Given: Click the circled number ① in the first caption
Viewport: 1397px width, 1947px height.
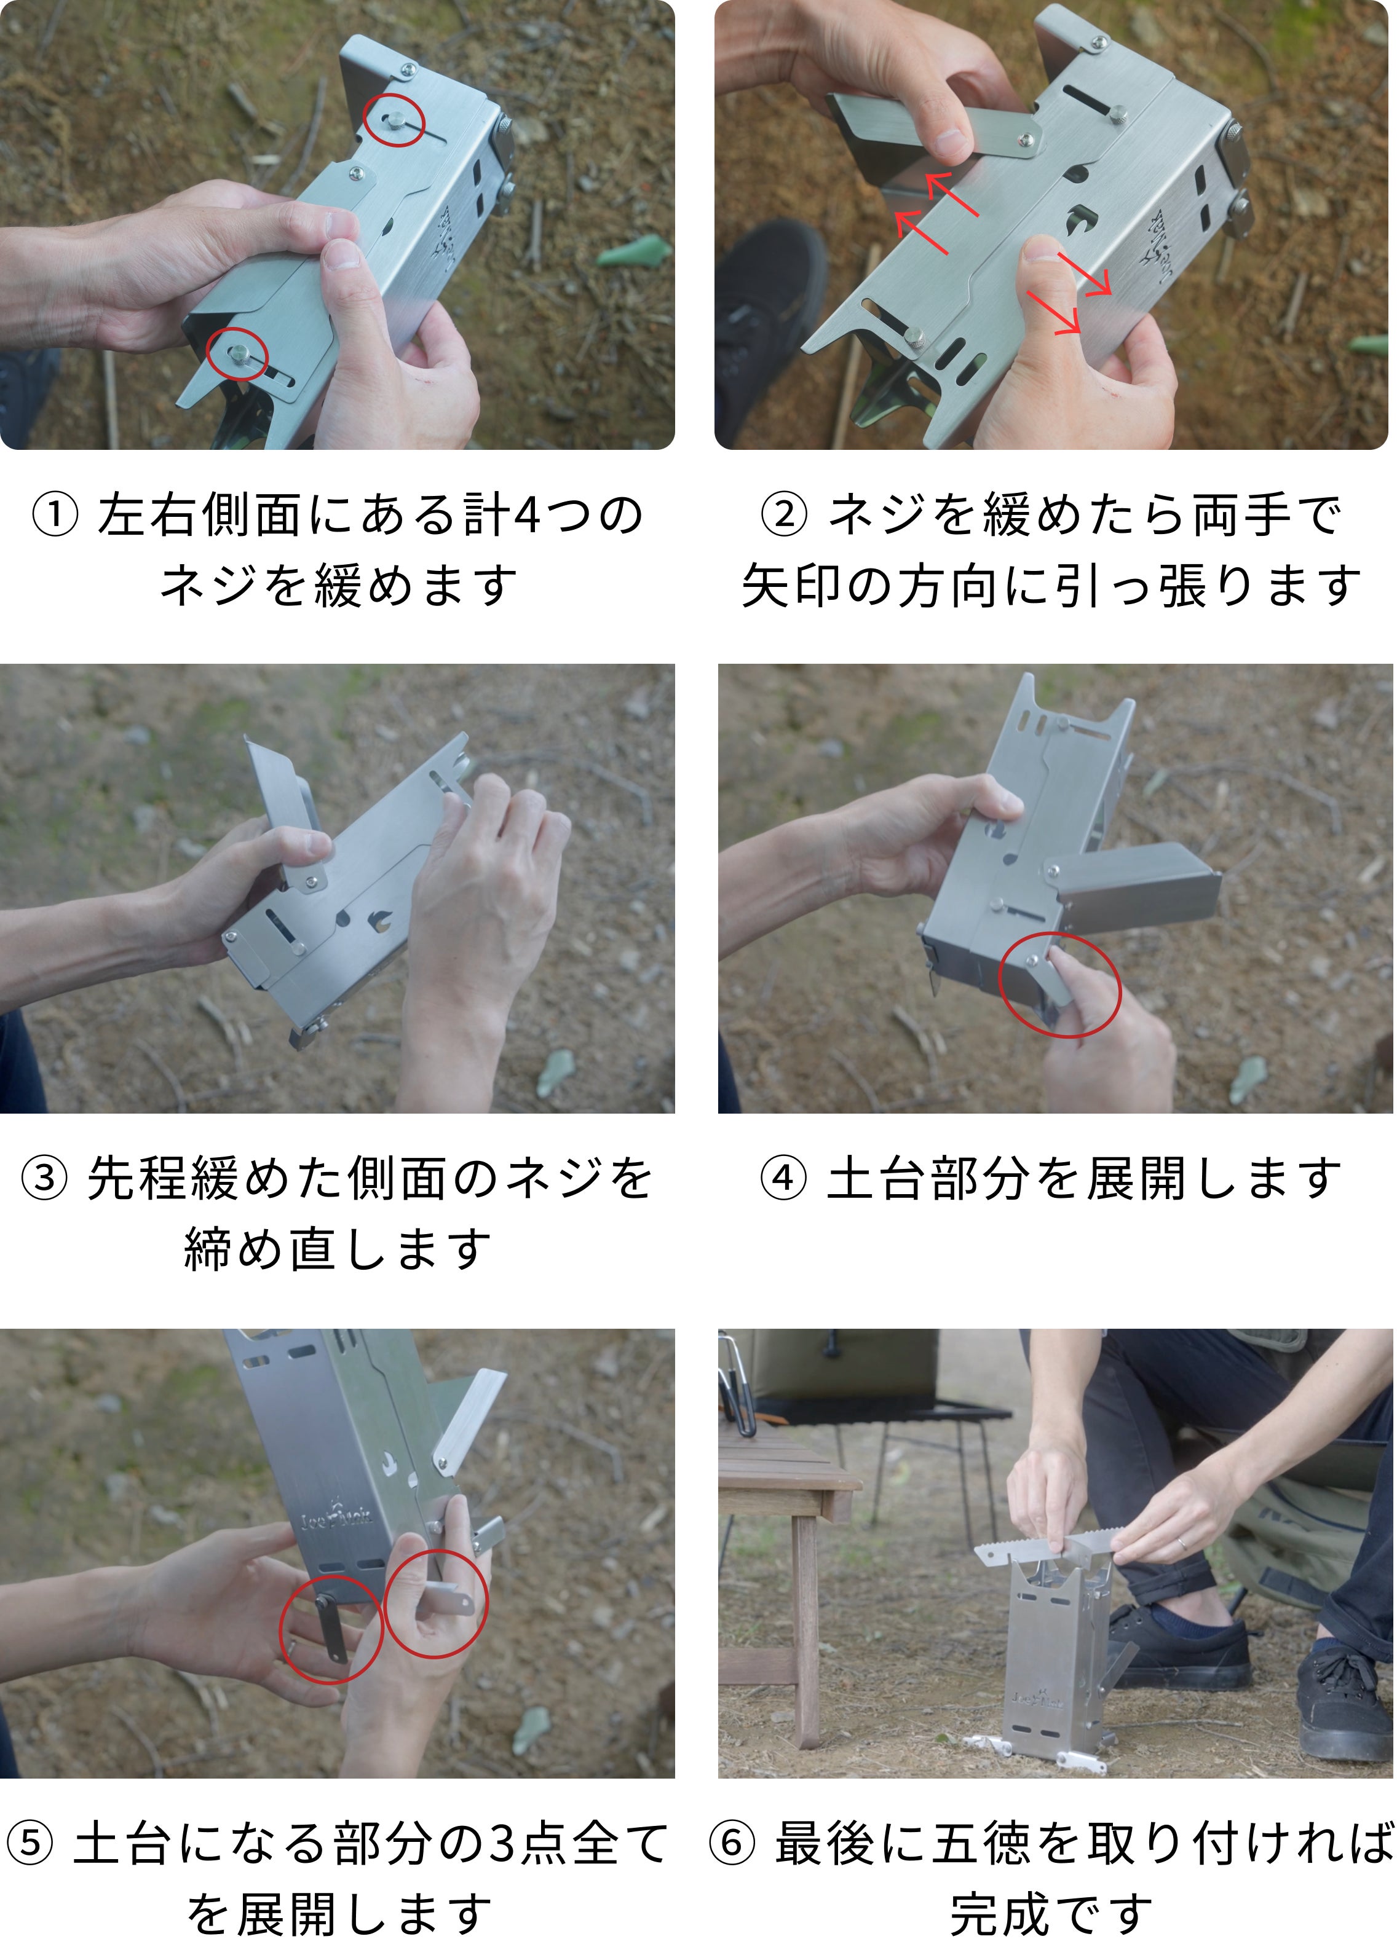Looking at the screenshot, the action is [54, 516].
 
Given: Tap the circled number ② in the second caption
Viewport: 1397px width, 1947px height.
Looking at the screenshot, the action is [784, 516].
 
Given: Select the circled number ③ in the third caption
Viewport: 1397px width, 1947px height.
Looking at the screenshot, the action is [44, 1178].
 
